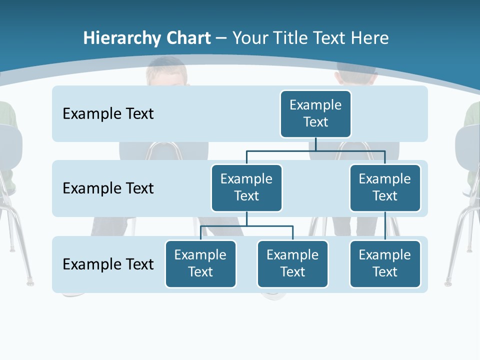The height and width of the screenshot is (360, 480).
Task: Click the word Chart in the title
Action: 188,38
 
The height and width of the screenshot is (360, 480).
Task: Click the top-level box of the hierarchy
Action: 315,113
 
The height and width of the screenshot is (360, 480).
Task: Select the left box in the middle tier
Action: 246,187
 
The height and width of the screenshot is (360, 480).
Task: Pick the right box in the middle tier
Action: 385,187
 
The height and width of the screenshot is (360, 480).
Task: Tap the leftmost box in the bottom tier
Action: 200,263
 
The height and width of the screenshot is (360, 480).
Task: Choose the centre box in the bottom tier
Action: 292,263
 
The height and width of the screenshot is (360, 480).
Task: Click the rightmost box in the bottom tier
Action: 385,263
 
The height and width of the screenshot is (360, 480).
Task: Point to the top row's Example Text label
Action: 108,114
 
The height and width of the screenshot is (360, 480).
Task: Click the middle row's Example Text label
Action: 108,188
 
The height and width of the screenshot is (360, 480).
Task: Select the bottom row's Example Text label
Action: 108,264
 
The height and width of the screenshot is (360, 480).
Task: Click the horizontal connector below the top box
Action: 315,150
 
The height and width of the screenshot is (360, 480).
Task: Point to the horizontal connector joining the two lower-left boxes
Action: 246,226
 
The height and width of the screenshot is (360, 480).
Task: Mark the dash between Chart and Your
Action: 221,38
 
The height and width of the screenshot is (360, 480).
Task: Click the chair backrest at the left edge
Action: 10,150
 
